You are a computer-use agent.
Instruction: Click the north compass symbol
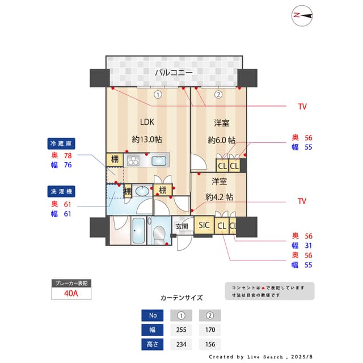point(303,16)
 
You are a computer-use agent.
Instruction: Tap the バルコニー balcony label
point(174,73)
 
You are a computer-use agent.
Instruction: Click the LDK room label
point(147,121)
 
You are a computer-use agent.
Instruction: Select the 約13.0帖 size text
point(147,139)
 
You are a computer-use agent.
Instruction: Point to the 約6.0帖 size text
point(221,140)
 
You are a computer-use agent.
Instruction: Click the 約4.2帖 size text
point(219,197)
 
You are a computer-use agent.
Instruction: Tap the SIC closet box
point(204,225)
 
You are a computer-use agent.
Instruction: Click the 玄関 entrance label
point(181,226)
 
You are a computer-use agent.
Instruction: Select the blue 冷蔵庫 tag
point(62,143)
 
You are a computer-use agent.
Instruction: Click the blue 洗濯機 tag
point(62,191)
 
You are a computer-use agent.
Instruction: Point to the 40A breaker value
point(71,293)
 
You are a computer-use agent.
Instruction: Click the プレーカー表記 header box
point(71,282)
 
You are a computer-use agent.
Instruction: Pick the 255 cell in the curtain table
point(181,330)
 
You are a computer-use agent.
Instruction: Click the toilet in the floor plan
point(159,233)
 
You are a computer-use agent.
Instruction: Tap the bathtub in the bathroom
point(138,231)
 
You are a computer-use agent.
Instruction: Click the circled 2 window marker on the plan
point(217,95)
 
